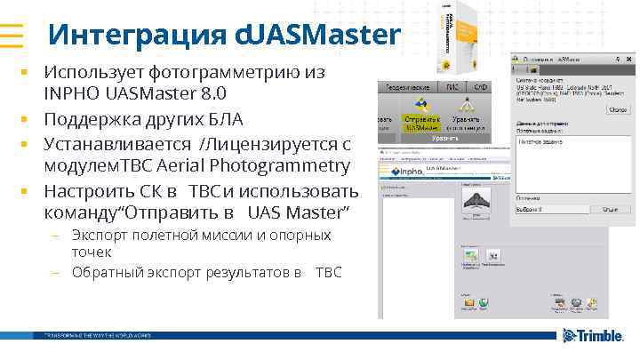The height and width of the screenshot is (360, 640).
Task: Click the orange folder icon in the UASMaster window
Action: coord(469,305)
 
